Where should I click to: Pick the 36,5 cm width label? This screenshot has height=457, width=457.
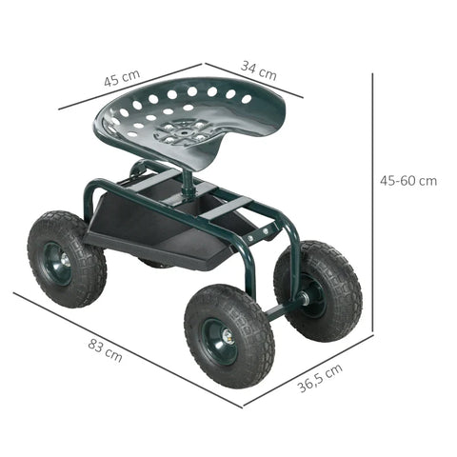[x=321, y=378]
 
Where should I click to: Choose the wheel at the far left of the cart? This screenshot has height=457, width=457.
[x=65, y=259]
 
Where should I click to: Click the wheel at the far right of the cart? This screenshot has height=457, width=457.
[x=318, y=290]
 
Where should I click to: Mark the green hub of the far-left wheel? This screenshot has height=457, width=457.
[x=59, y=261]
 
